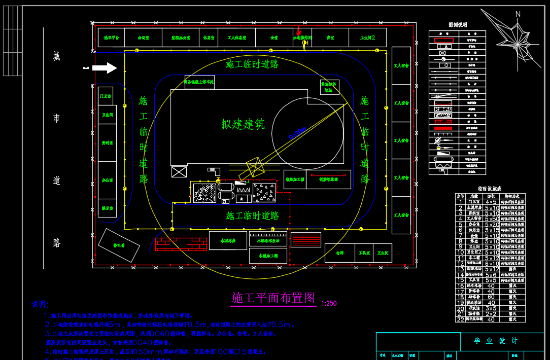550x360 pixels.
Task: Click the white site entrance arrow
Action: pyautogui.click(x=105, y=67)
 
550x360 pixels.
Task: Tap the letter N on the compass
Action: pyautogui.click(x=518, y=14)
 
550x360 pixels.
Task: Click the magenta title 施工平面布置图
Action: pyautogui.click(x=273, y=298)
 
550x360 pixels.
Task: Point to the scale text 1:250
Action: pyautogui.click(x=329, y=303)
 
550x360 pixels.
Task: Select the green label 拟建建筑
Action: pyautogui.click(x=243, y=124)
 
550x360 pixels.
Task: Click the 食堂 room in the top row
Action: pyautogui.click(x=274, y=38)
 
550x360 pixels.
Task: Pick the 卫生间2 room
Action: pyautogui.click(x=367, y=38)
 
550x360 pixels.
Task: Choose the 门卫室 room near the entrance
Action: pyautogui.click(x=106, y=96)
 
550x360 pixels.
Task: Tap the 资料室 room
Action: pyautogui.click(x=107, y=143)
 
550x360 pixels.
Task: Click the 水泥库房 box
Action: pyautogui.click(x=228, y=240)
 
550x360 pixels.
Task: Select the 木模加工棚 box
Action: pyautogui.click(x=268, y=256)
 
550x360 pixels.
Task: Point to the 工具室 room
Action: pyautogui.click(x=363, y=253)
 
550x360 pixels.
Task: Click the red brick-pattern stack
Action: pyautogui.click(x=181, y=244)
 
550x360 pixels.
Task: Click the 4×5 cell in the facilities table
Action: pyautogui.click(x=491, y=202)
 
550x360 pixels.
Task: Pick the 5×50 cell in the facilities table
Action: pyautogui.click(x=491, y=219)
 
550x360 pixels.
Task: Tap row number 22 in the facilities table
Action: pyautogui.click(x=461, y=319)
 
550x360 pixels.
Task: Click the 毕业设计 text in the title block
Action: pyautogui.click(x=489, y=341)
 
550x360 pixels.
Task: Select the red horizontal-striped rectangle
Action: pyautogui.click(x=306, y=240)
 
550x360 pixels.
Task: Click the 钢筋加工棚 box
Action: pyautogui.click(x=295, y=179)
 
